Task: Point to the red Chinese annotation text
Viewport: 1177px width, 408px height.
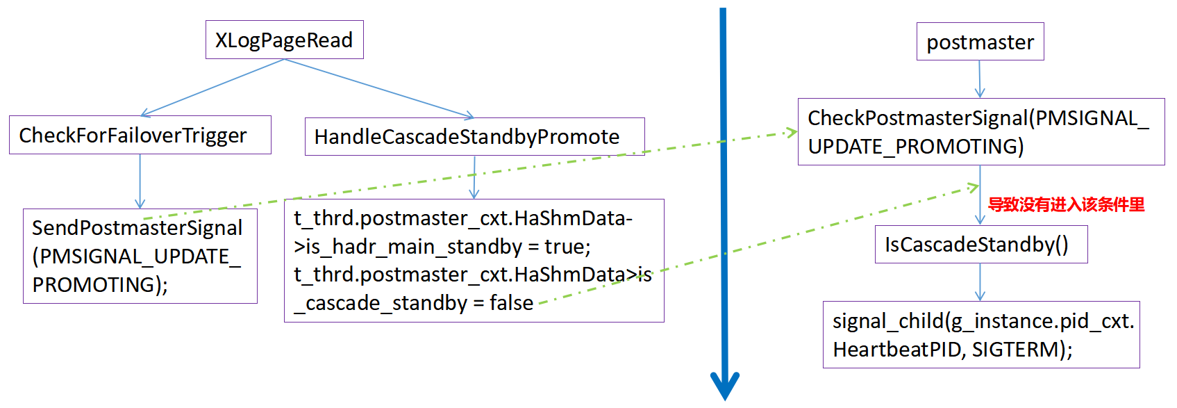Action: pyautogui.click(x=1066, y=204)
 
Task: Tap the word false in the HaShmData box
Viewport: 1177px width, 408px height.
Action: pyautogui.click(x=511, y=303)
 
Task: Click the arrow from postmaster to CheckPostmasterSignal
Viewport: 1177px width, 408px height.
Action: pyautogui.click(x=980, y=79)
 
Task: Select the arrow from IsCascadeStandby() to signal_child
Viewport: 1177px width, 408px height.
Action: pyautogui.click(x=980, y=282)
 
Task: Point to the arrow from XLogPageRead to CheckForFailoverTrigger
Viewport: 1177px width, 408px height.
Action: pyautogui.click(x=212, y=88)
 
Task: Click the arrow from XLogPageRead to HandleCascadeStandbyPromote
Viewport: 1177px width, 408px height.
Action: pyautogui.click(x=379, y=88)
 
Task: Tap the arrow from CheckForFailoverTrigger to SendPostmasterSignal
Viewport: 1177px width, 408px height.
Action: pyautogui.click(x=140, y=181)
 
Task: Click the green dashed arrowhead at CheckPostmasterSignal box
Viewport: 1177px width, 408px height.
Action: pyautogui.click(x=791, y=132)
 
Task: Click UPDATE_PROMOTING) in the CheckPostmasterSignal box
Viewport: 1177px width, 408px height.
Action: pyautogui.click(x=916, y=147)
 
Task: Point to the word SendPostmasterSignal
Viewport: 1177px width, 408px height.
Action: pyautogui.click(x=137, y=228)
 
